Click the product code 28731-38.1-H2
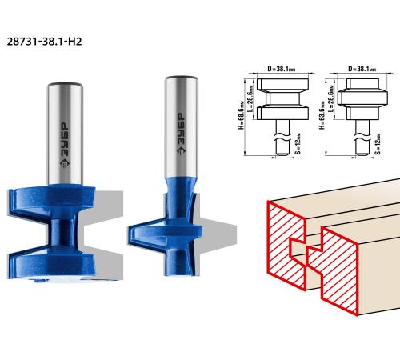[x=44, y=42]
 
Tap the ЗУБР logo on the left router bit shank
[x=65, y=146]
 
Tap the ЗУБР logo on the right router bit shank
[x=182, y=134]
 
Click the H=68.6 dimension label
[x=242, y=115]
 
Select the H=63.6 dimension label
[x=322, y=115]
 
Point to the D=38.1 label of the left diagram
[x=282, y=69]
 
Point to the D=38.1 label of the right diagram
[x=362, y=69]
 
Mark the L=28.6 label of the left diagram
[x=251, y=98]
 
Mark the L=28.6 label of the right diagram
[x=331, y=98]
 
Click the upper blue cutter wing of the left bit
[x=50, y=202]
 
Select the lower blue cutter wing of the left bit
[x=50, y=262]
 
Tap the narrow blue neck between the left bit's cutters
[x=62, y=232]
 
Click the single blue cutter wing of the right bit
[x=164, y=234]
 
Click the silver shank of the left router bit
[x=66, y=134]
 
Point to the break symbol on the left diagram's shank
[x=282, y=137]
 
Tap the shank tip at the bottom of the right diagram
[x=362, y=154]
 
